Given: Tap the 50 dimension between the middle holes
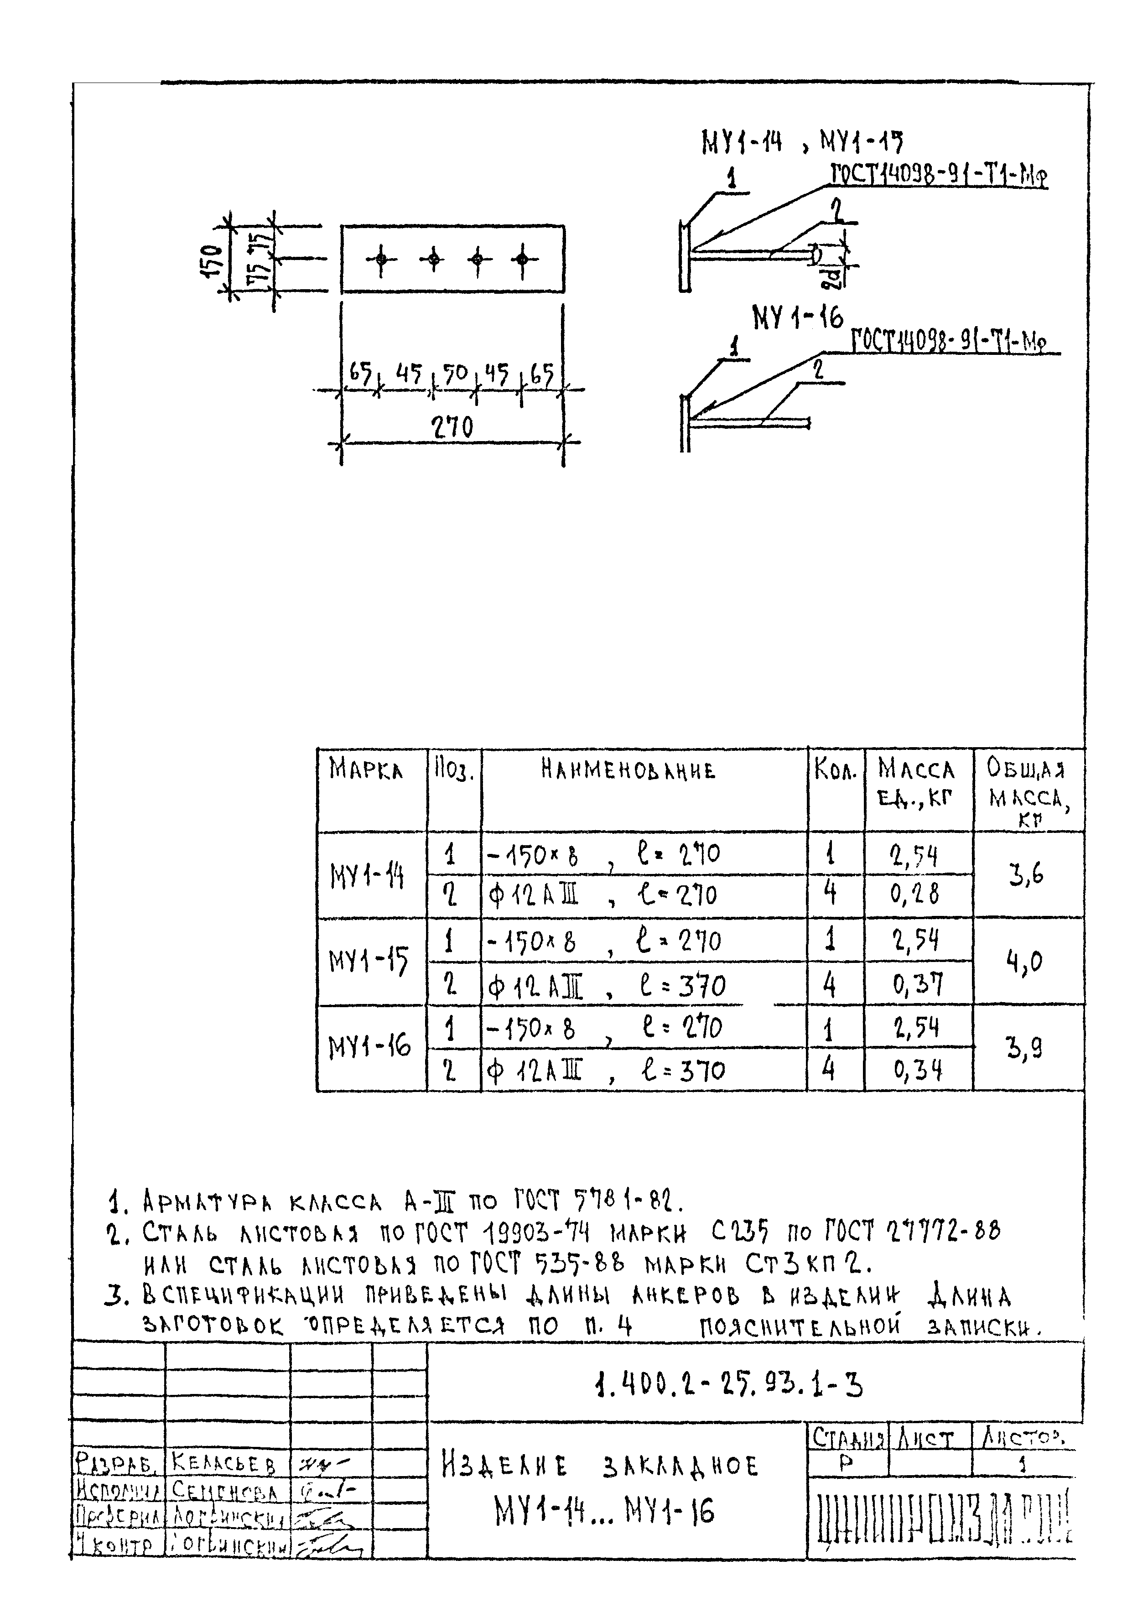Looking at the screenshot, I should click(455, 373).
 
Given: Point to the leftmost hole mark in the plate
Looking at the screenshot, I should click(381, 260).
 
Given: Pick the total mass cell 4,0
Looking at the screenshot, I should click(1025, 962).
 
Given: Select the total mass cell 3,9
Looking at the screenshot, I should click(1025, 1048).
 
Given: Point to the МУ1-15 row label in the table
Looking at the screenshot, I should click(368, 962).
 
